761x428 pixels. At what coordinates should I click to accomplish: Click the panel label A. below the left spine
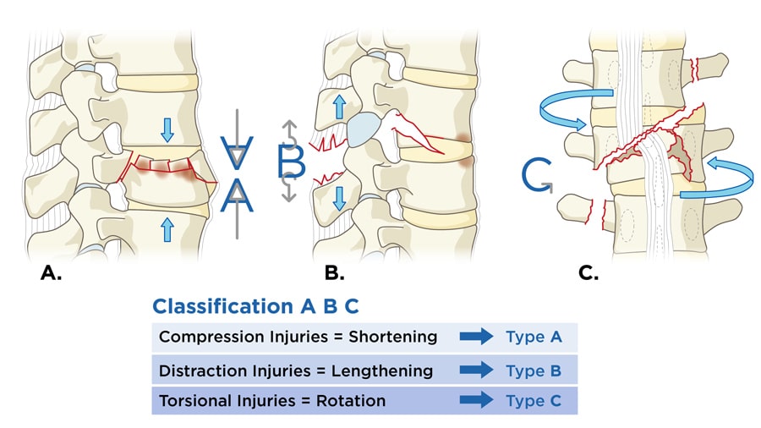pos(52,273)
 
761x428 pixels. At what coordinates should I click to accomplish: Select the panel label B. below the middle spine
pos(335,273)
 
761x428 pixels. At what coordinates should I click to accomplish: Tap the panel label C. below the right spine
pos(588,273)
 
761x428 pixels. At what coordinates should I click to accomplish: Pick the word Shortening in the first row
pos(397,337)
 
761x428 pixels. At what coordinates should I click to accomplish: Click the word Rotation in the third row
pos(351,400)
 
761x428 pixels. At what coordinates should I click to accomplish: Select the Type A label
pos(534,337)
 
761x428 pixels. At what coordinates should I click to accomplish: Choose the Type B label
pos(534,370)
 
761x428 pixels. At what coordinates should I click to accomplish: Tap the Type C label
pos(534,400)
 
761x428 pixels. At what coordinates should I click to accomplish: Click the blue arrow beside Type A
pos(476,337)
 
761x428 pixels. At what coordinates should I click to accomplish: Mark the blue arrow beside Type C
pos(476,400)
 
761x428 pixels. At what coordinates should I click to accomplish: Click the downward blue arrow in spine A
pos(167,129)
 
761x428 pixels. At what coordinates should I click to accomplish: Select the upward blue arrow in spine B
pos(338,107)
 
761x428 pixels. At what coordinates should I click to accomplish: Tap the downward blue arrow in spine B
pos(338,197)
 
